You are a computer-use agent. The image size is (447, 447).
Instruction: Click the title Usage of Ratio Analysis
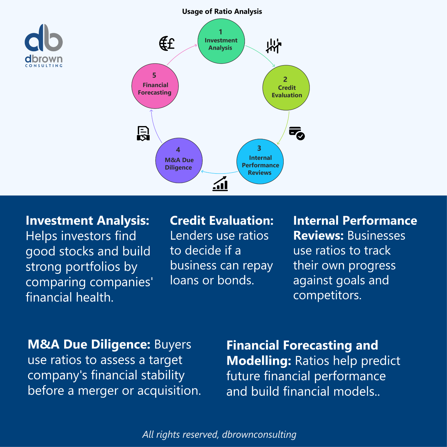222,11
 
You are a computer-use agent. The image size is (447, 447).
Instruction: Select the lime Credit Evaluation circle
286,88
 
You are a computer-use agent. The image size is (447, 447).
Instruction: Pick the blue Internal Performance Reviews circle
260,161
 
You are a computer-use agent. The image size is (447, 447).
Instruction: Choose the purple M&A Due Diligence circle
179,160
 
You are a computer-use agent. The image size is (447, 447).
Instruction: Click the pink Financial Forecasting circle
155,86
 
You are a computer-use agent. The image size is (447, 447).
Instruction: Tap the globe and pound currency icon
167,43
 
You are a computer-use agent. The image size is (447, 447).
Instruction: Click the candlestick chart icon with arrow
273,46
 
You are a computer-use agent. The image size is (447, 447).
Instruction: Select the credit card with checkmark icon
296,133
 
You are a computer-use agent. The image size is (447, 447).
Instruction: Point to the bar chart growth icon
220,183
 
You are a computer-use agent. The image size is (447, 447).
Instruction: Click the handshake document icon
143,133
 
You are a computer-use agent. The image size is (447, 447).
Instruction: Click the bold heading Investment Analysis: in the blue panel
88,220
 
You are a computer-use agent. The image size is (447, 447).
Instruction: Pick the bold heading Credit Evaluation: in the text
222,220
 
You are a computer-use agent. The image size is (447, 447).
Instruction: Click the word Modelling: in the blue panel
259,361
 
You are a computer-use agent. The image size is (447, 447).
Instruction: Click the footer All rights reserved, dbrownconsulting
219,434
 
